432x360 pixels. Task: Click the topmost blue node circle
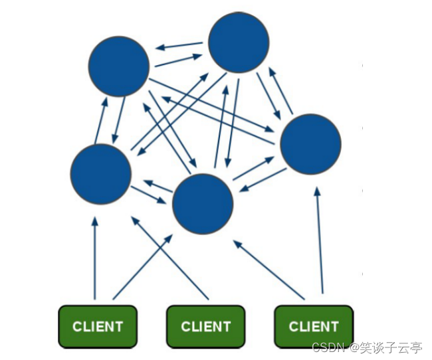pos(239,43)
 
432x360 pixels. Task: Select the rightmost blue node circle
pos(310,144)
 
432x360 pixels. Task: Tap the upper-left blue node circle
pos(119,66)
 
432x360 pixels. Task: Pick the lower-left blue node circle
pos(100,174)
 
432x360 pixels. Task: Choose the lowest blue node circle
pos(203,204)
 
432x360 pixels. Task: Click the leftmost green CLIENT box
pos(98,326)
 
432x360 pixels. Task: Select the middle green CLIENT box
pos(205,326)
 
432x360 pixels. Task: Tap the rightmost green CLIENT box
pos(314,326)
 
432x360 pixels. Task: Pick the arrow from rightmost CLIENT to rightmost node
pos(320,239)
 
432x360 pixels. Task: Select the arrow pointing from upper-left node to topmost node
pos(178,60)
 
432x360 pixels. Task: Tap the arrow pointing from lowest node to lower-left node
pos(158,187)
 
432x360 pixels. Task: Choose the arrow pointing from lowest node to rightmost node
pos(253,169)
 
